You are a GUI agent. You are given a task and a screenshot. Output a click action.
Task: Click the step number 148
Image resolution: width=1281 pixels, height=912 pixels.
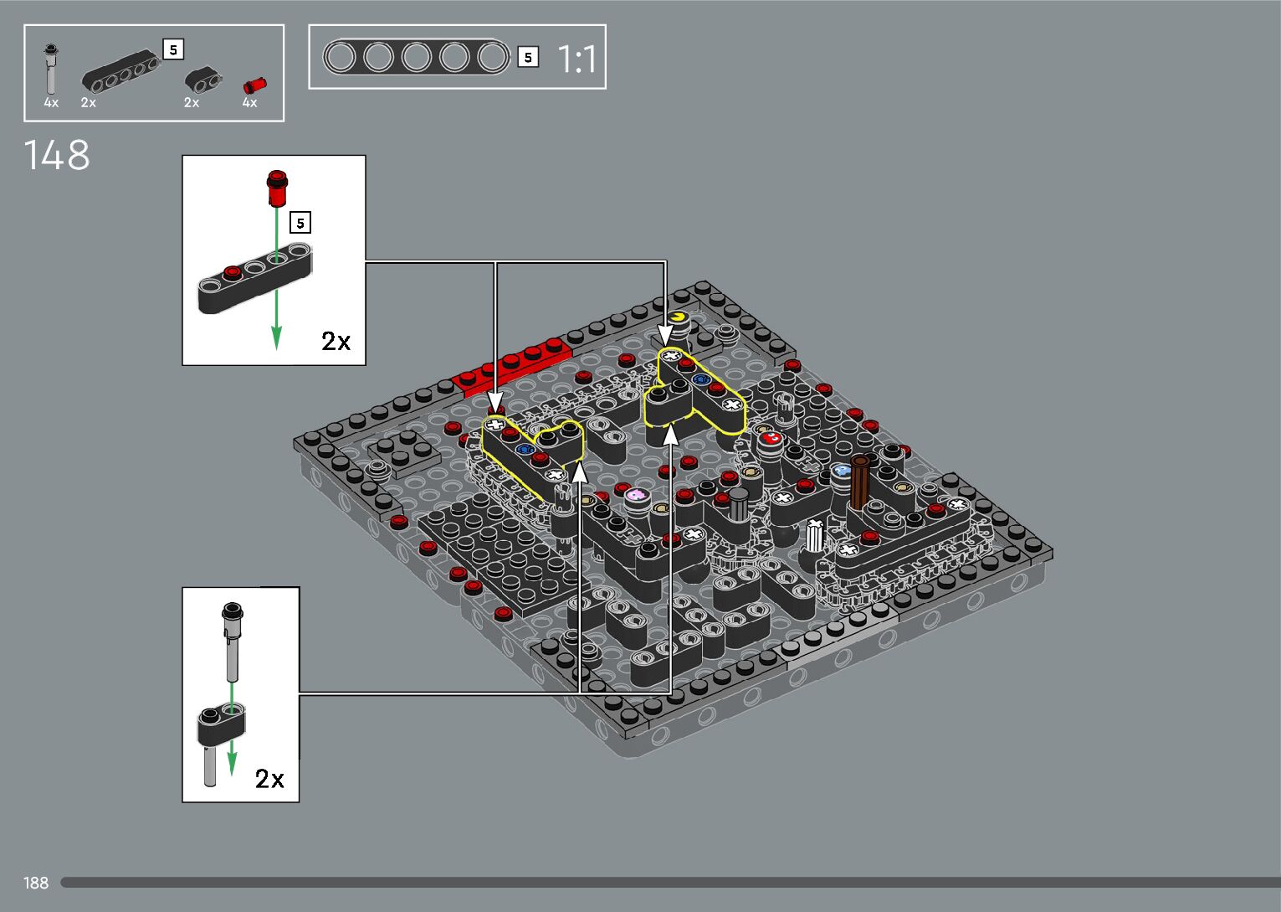57,155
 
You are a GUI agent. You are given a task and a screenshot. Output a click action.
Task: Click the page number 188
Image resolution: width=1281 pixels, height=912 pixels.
35,883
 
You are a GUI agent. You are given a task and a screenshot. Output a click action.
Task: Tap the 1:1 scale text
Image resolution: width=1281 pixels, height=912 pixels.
576,59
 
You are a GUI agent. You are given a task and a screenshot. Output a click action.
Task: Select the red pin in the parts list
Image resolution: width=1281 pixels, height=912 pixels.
254,85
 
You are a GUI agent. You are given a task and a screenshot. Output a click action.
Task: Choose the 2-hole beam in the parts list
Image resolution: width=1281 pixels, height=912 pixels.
203,80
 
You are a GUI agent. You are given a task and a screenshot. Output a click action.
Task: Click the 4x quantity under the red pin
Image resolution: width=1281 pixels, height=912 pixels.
249,102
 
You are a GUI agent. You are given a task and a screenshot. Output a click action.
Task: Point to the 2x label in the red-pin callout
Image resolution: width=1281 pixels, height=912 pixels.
336,341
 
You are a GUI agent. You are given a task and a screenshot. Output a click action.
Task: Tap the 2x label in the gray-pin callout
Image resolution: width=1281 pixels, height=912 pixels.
269,779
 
